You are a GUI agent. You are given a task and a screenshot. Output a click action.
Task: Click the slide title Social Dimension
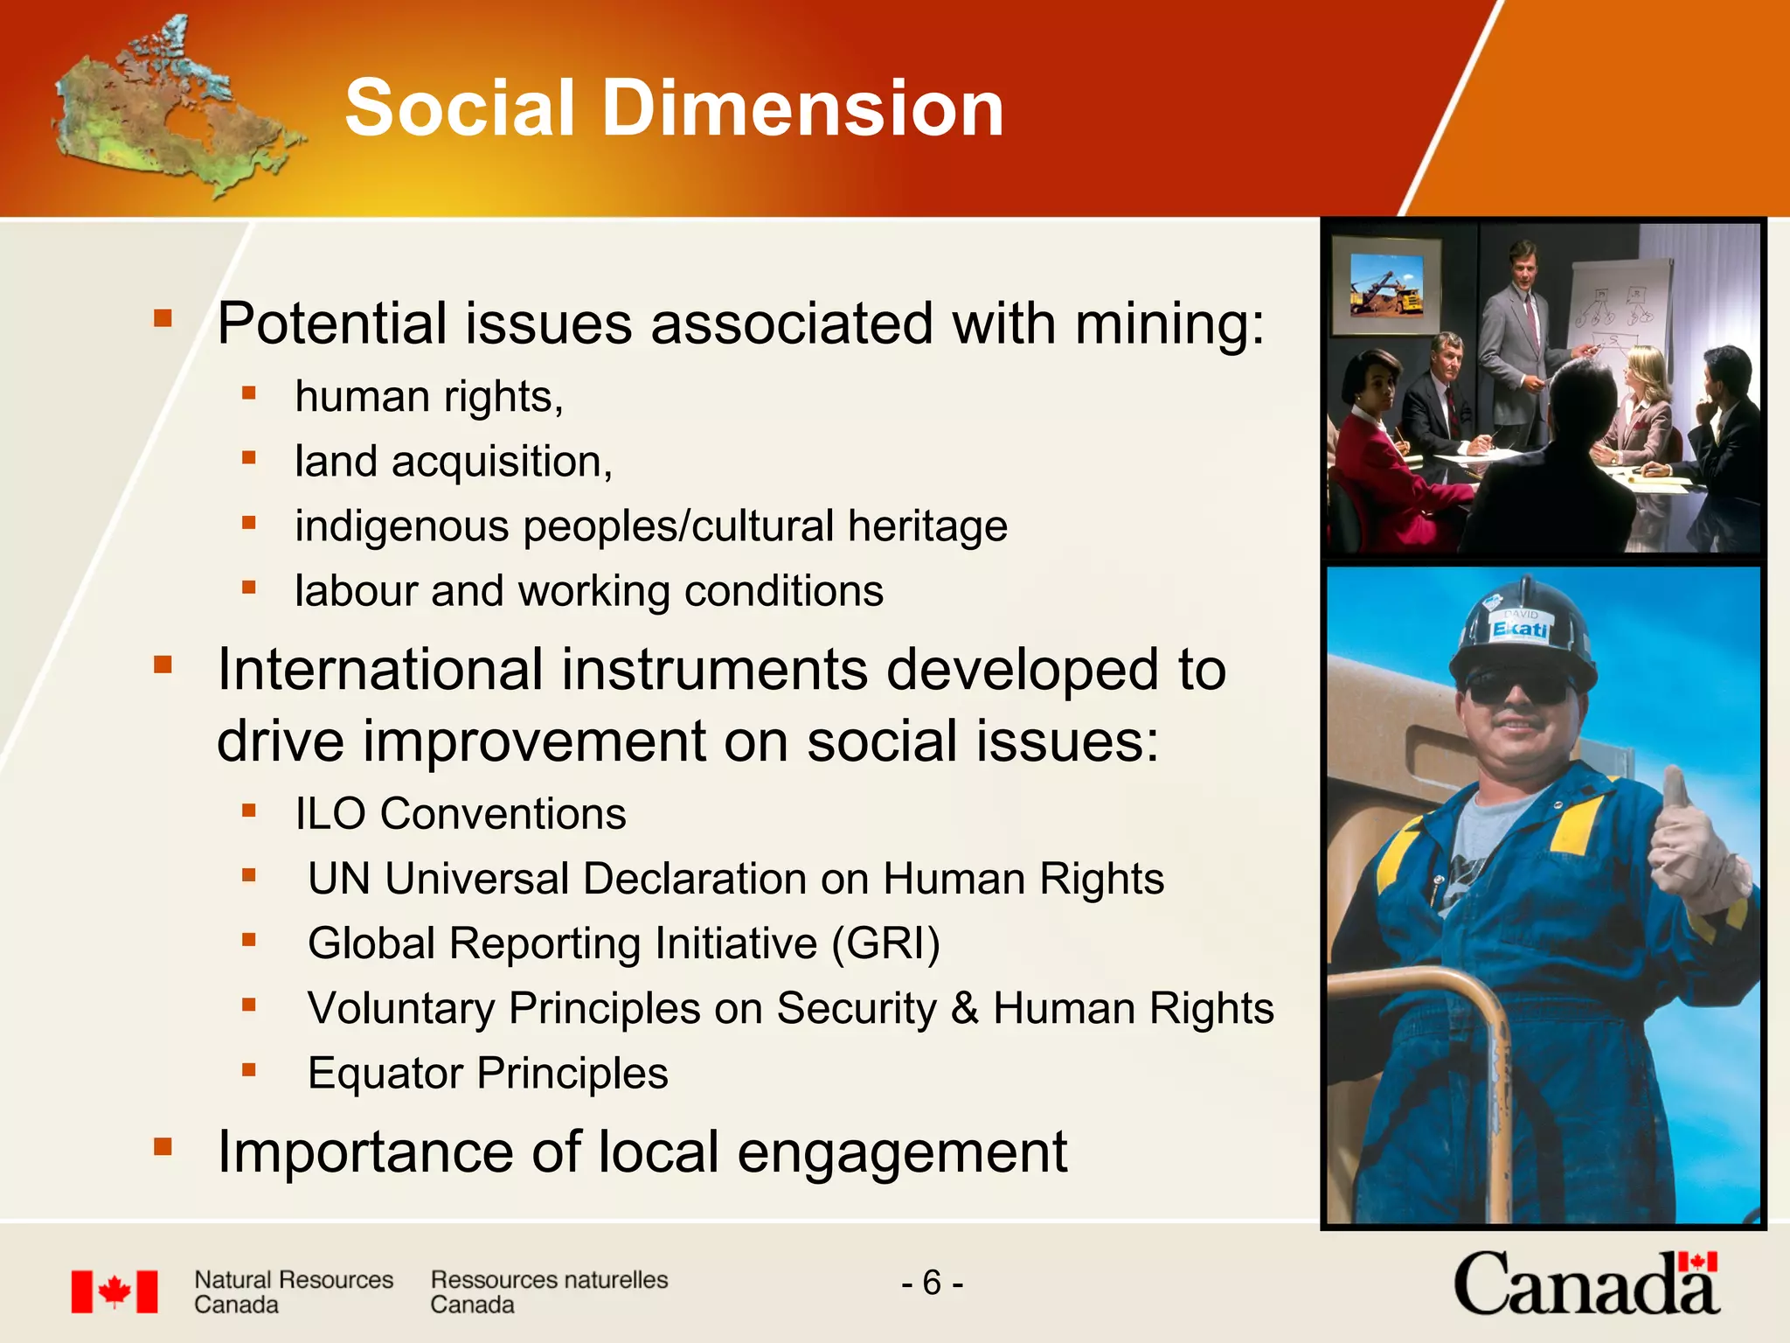(674, 108)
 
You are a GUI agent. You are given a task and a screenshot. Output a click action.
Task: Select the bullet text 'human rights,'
(429, 397)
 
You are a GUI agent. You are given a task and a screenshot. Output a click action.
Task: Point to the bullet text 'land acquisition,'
(454, 462)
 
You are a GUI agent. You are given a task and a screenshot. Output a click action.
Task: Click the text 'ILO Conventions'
(461, 814)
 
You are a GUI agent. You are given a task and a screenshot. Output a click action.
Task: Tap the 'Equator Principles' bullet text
(488, 1074)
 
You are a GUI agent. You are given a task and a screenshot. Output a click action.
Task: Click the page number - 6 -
(932, 1283)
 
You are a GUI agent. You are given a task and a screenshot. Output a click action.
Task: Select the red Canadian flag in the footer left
(114, 1291)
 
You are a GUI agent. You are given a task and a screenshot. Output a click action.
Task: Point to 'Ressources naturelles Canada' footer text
(549, 1291)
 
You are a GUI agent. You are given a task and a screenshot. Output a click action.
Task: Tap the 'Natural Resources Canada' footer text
(294, 1291)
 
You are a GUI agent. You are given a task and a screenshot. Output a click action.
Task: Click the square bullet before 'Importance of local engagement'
(163, 1146)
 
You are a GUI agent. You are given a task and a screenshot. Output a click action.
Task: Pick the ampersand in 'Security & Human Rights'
(964, 1008)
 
